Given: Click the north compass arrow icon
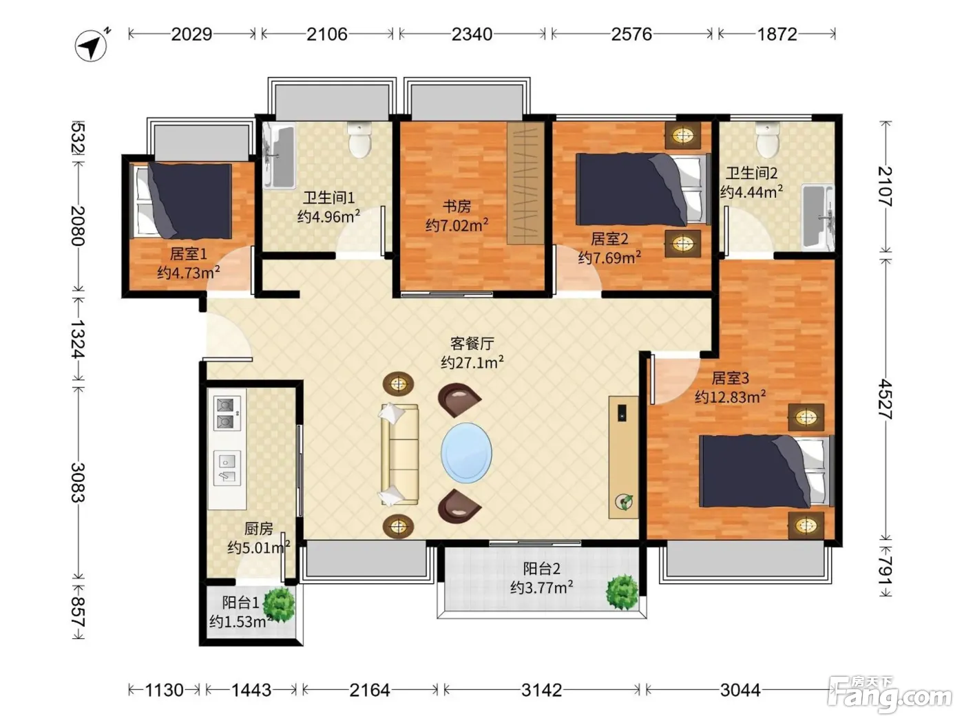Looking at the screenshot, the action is pyautogui.click(x=92, y=45).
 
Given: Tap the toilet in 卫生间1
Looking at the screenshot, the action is pyautogui.click(x=359, y=140).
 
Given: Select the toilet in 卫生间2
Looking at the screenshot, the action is pyautogui.click(x=768, y=140).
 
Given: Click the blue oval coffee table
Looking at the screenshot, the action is pyautogui.click(x=466, y=452).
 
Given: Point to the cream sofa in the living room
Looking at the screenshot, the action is pyautogui.click(x=399, y=454).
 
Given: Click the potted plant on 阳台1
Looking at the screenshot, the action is pyautogui.click(x=280, y=605).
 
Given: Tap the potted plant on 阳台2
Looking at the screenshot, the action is pyautogui.click(x=622, y=592).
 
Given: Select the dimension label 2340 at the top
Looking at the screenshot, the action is pyautogui.click(x=472, y=34).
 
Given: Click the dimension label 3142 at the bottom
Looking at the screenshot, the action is pyautogui.click(x=541, y=691).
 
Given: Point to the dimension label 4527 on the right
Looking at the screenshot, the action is pyautogui.click(x=886, y=399).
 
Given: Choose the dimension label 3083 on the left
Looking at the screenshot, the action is pyautogui.click(x=78, y=483).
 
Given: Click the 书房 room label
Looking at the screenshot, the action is pyautogui.click(x=457, y=206).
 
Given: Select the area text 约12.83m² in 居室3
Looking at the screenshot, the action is pyautogui.click(x=731, y=397).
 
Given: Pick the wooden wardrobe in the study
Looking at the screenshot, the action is pyautogui.click(x=525, y=183).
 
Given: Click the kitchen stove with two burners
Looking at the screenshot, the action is pyautogui.click(x=227, y=414).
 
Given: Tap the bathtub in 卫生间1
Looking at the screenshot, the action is pyautogui.click(x=280, y=156).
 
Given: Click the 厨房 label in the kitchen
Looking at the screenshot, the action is pyautogui.click(x=259, y=529).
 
